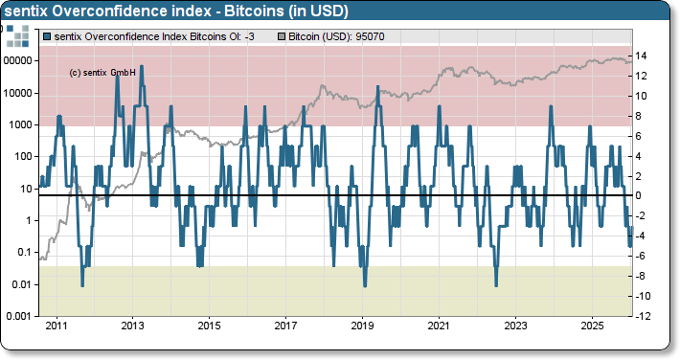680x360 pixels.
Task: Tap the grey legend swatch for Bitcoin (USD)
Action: pos(281,36)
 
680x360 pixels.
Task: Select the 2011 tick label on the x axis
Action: pos(57,326)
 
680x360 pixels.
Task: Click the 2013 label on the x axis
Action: pos(132,326)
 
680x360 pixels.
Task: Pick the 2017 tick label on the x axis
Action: pos(285,326)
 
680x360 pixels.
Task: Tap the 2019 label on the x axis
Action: pos(362,326)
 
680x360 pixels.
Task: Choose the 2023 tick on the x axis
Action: pos(515,326)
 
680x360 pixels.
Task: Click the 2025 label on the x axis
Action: pos(592,326)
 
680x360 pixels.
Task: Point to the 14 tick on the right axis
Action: pos(645,56)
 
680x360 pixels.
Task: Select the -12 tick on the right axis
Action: pos(645,317)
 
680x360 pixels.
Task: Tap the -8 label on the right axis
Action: pos(643,277)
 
